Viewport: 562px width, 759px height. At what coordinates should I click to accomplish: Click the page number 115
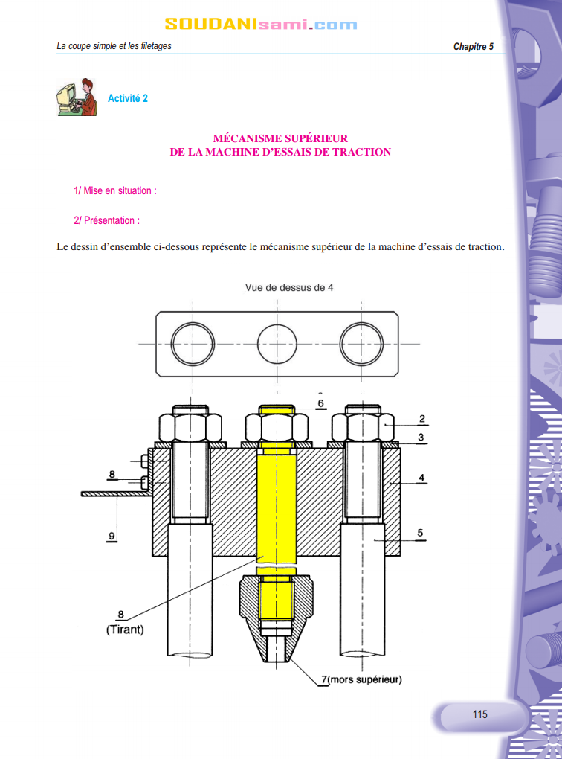(479, 714)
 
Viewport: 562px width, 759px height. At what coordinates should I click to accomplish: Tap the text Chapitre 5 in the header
(473, 46)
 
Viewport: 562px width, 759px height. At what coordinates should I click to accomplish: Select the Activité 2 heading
(128, 98)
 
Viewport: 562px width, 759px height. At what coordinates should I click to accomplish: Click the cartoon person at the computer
(77, 97)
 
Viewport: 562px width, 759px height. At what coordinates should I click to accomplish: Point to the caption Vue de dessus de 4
(288, 287)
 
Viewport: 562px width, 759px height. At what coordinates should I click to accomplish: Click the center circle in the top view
(277, 344)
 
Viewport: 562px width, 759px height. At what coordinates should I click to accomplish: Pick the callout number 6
(320, 403)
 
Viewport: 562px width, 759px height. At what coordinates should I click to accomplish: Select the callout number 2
(422, 419)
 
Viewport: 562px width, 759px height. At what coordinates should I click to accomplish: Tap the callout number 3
(421, 437)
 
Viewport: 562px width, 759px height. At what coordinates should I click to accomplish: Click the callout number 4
(421, 478)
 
